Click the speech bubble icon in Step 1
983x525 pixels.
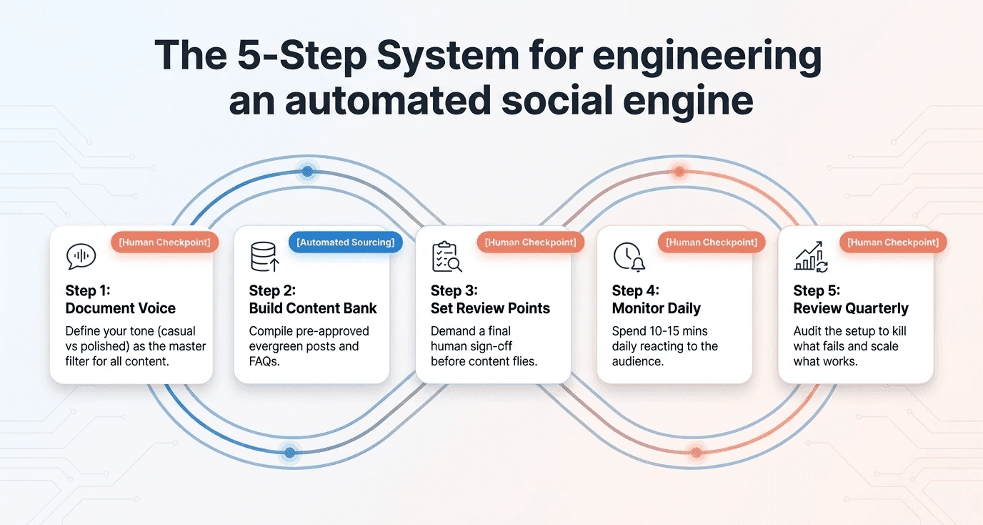[x=81, y=257]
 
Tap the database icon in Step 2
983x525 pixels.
[x=264, y=257]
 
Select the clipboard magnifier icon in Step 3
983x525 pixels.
[x=446, y=257]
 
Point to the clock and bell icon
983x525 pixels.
[x=629, y=257]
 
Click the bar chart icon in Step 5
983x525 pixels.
[x=811, y=257]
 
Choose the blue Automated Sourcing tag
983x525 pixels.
[x=346, y=242]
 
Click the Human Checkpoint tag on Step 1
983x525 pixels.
[x=164, y=242]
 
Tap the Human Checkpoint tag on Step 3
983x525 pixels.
[x=530, y=242]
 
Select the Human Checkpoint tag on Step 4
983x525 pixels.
[x=712, y=242]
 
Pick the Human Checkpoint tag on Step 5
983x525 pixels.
[x=893, y=242]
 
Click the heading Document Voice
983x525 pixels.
[x=120, y=308]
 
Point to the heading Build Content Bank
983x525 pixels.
[x=313, y=308]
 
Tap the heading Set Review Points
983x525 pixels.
[x=490, y=308]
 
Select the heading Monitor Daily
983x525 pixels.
[x=656, y=308]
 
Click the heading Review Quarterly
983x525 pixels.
[x=850, y=308]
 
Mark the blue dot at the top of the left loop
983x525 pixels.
[x=307, y=172]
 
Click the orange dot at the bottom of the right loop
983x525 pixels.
[x=696, y=452]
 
